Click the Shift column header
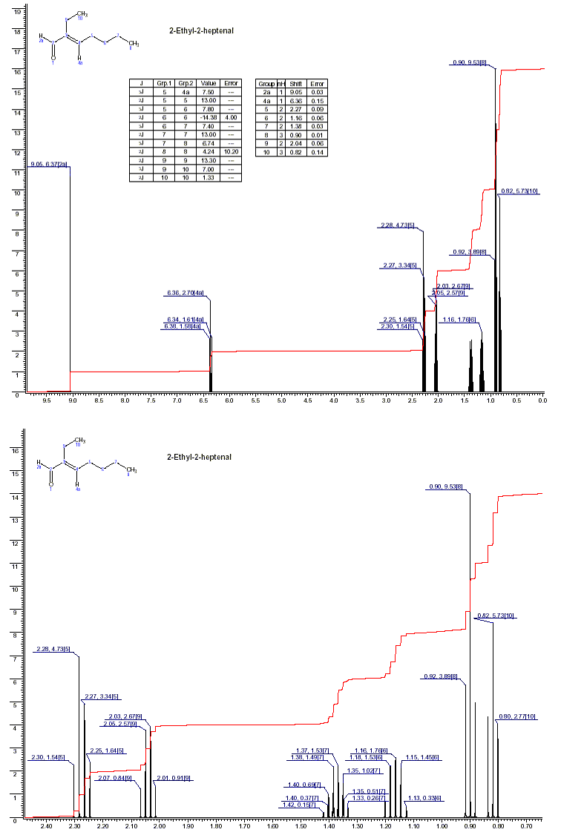coord(296,84)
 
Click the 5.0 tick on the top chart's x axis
coord(281,401)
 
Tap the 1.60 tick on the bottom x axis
coord(272,825)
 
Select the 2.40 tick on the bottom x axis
coord(46,825)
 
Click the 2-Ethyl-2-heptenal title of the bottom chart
coord(199,457)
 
